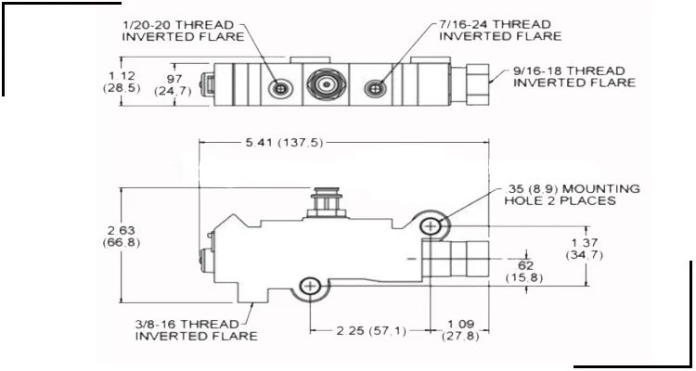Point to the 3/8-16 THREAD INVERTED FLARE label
coord(196,329)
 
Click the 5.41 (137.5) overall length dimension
coord(277,142)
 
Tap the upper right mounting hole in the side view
coord(432,225)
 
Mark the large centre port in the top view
coord(325,86)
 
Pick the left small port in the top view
coord(279,87)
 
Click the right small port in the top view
coord(375,87)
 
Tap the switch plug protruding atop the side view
coord(326,201)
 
